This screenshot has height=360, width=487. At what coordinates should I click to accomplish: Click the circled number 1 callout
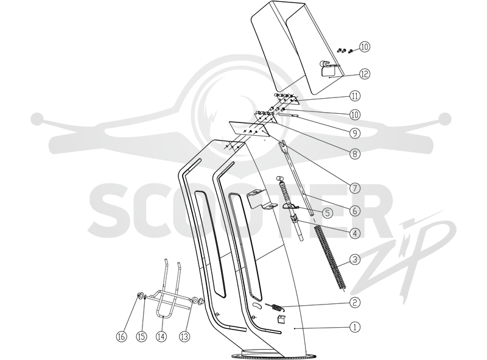355,326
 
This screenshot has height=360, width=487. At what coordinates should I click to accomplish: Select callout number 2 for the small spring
355,303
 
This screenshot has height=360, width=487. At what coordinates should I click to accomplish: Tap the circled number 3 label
355,259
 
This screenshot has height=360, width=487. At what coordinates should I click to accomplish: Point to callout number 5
328,213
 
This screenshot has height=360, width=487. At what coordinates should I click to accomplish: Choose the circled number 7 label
355,188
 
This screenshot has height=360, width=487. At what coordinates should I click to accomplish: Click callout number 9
355,133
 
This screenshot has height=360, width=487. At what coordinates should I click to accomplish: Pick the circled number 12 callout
365,74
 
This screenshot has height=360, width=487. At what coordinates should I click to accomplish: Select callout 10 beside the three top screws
365,47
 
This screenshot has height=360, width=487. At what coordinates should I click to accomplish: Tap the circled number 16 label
122,336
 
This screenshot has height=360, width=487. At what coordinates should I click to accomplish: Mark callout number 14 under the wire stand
161,336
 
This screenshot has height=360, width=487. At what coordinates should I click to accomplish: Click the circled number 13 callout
185,336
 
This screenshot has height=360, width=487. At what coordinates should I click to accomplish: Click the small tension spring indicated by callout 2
275,306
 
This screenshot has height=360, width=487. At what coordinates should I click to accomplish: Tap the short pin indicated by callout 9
289,115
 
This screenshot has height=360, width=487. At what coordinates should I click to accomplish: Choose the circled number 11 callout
355,96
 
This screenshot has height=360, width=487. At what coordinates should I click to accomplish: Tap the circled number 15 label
142,336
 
